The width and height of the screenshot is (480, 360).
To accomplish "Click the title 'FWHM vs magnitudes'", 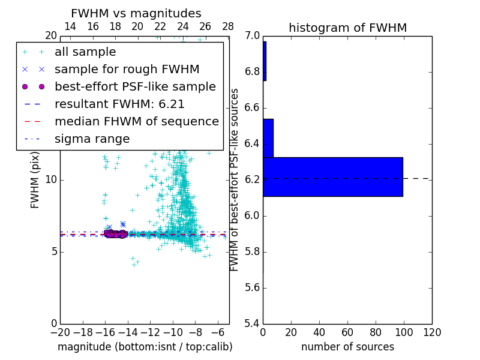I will coord(136,13).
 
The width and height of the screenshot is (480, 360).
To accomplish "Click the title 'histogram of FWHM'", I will coord(347,28).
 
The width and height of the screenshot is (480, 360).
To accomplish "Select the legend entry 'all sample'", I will coord(85,52).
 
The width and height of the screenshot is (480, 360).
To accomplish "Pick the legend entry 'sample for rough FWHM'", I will coord(127,69).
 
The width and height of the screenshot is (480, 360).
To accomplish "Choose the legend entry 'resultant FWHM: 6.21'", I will coord(119,104).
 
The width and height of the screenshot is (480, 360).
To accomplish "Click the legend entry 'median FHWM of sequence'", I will coord(136,121).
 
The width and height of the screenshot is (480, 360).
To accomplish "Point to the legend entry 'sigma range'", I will coord(92,139).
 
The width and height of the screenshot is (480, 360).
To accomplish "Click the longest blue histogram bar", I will coord(332,176).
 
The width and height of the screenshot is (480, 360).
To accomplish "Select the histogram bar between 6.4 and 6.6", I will coord(268,138).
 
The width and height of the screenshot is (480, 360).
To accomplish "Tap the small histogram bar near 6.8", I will coord(264,61).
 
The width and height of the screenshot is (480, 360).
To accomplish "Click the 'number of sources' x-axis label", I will coord(347,347).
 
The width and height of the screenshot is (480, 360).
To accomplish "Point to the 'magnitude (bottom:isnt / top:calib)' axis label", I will coord(145,347).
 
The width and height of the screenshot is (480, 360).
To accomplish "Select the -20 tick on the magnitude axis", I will coord(60,332).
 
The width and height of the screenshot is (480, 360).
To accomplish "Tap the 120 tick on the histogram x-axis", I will coord(431,332).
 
